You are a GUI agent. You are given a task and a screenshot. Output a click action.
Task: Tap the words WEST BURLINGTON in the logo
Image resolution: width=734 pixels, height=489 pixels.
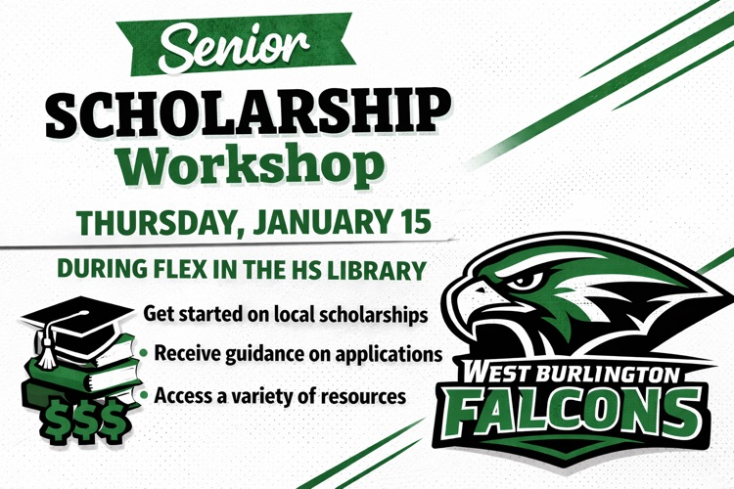tap(567, 373)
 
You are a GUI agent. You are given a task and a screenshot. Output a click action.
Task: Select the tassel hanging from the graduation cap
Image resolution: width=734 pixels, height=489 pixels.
tap(44, 341)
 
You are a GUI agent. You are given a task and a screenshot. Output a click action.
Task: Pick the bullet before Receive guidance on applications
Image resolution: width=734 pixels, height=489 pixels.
tap(146, 352)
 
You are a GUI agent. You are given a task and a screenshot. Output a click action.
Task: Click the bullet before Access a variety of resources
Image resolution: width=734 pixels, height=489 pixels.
tap(146, 396)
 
